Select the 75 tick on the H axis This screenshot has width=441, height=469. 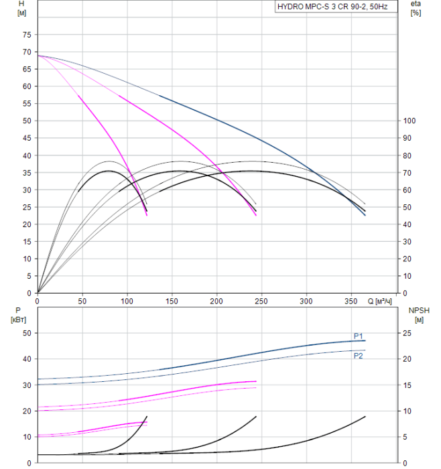pos(27,34)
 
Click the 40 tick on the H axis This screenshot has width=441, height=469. pos(27,155)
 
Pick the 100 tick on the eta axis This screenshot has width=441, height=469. pos(410,121)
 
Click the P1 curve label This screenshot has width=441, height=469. pos(359,336)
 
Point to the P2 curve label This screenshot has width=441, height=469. pos(359,356)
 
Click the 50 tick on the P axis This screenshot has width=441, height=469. pos(27,333)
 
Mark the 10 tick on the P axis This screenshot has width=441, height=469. pos(27,437)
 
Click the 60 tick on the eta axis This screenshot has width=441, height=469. pos(408,190)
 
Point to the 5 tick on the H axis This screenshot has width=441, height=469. pos(29,276)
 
